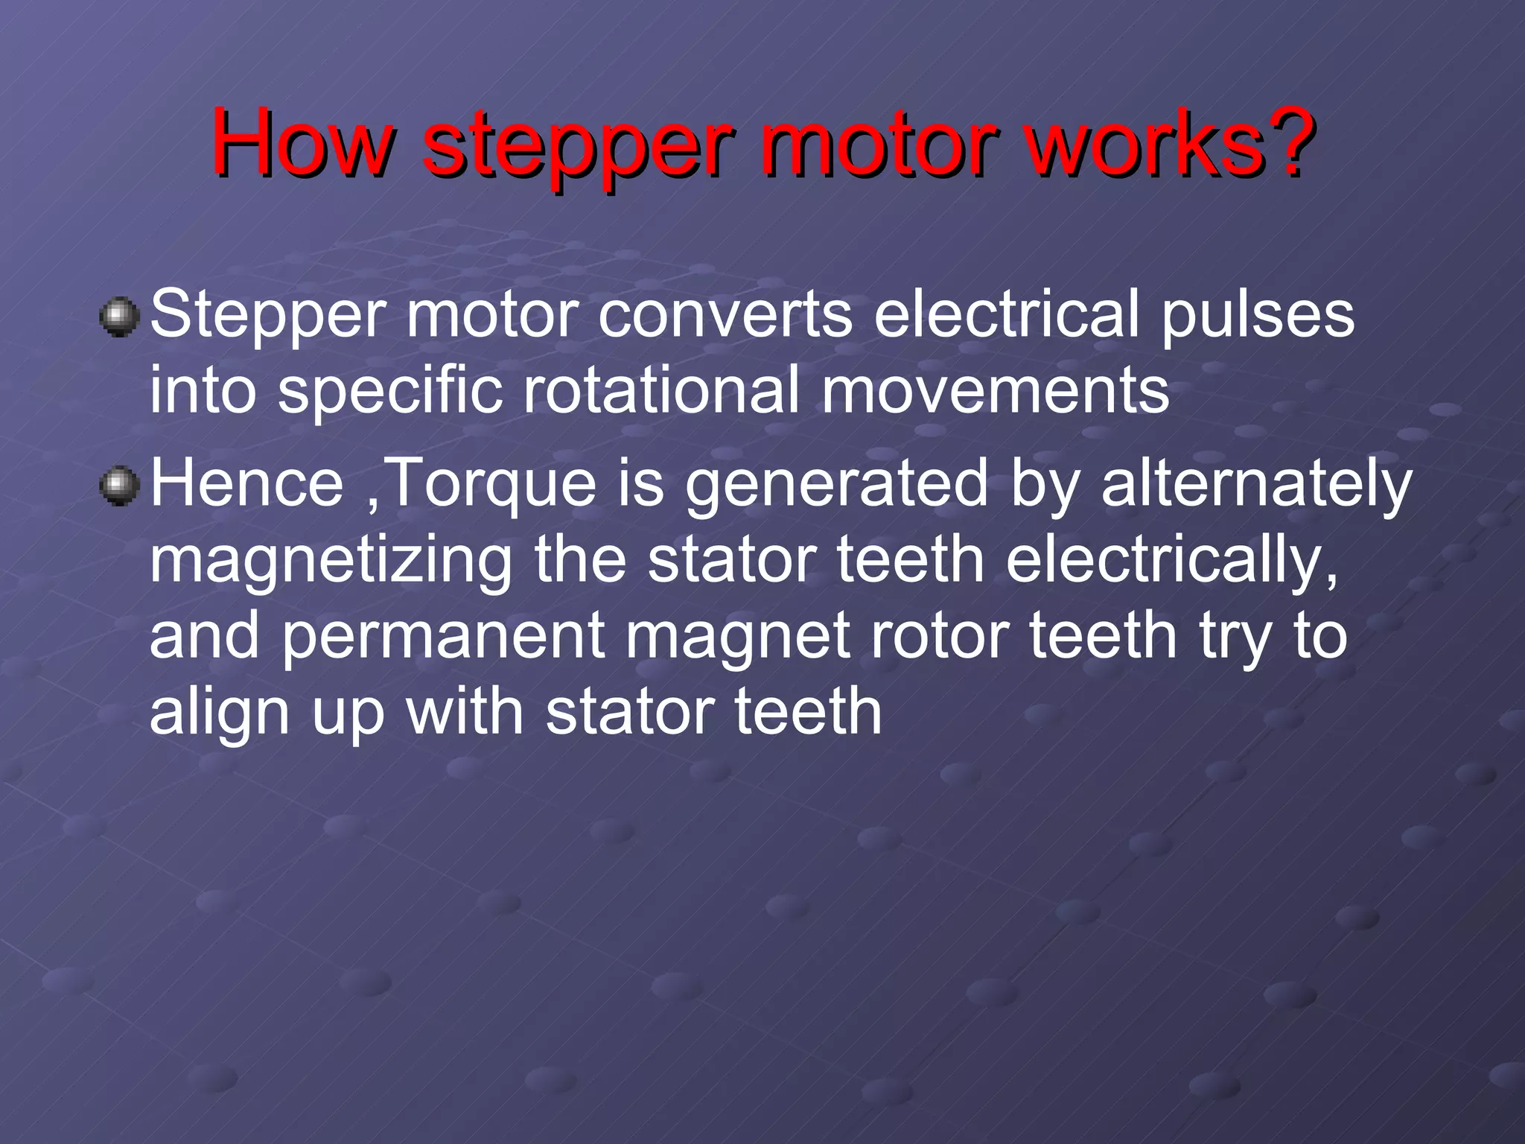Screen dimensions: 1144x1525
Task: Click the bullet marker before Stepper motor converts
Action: [119, 318]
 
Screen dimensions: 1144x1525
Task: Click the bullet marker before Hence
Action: [119, 487]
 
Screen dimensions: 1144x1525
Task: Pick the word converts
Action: [725, 314]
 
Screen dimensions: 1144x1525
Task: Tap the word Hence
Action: [246, 484]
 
